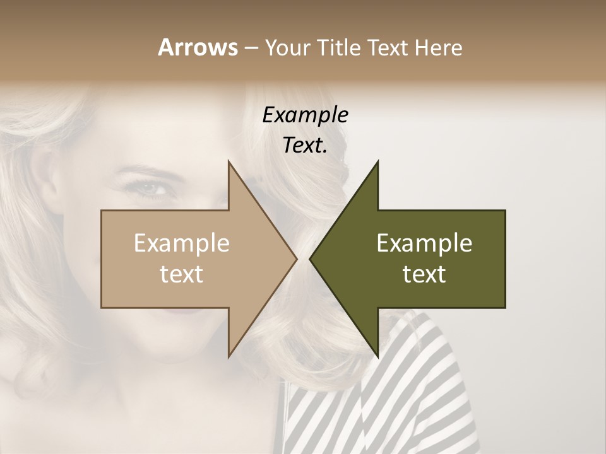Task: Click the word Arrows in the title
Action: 197,47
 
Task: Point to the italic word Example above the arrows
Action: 306,115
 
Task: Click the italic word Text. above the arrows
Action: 306,145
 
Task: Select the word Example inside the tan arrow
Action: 182,243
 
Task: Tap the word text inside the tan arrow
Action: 182,274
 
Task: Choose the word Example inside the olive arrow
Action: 424,243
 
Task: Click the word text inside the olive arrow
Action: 424,274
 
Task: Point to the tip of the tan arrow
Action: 295,259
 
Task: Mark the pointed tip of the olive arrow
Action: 311,259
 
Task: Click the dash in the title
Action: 251,48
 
